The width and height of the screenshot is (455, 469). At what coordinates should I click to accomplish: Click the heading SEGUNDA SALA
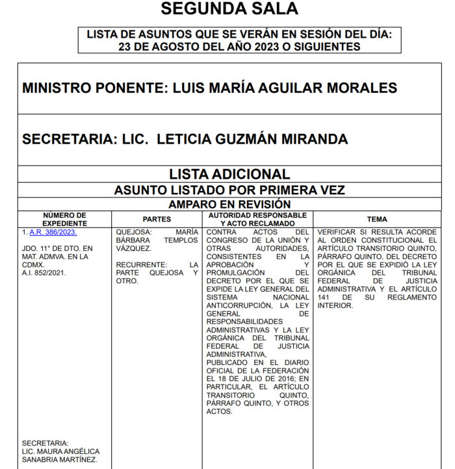[229, 9]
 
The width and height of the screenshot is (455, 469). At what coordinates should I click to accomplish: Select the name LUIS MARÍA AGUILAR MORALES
[285, 88]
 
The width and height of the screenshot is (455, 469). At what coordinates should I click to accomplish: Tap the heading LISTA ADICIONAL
[229, 174]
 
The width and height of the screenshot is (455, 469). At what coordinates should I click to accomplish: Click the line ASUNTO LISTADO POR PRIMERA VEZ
[229, 190]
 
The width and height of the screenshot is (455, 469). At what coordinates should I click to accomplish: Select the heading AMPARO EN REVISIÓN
[229, 204]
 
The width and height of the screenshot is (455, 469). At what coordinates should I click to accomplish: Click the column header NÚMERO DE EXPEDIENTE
[64, 219]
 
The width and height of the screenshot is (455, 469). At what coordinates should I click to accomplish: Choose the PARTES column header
[157, 220]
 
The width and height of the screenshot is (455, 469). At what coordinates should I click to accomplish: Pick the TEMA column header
[376, 220]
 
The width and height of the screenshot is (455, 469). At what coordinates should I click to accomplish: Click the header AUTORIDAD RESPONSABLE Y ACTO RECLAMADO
[257, 219]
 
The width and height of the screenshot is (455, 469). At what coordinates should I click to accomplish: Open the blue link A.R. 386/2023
[53, 232]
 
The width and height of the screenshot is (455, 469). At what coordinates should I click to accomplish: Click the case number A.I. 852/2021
[44, 273]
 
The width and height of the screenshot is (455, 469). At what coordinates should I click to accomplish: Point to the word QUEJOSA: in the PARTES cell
[134, 232]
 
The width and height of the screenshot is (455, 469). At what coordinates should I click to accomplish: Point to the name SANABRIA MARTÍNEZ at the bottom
[59, 460]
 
